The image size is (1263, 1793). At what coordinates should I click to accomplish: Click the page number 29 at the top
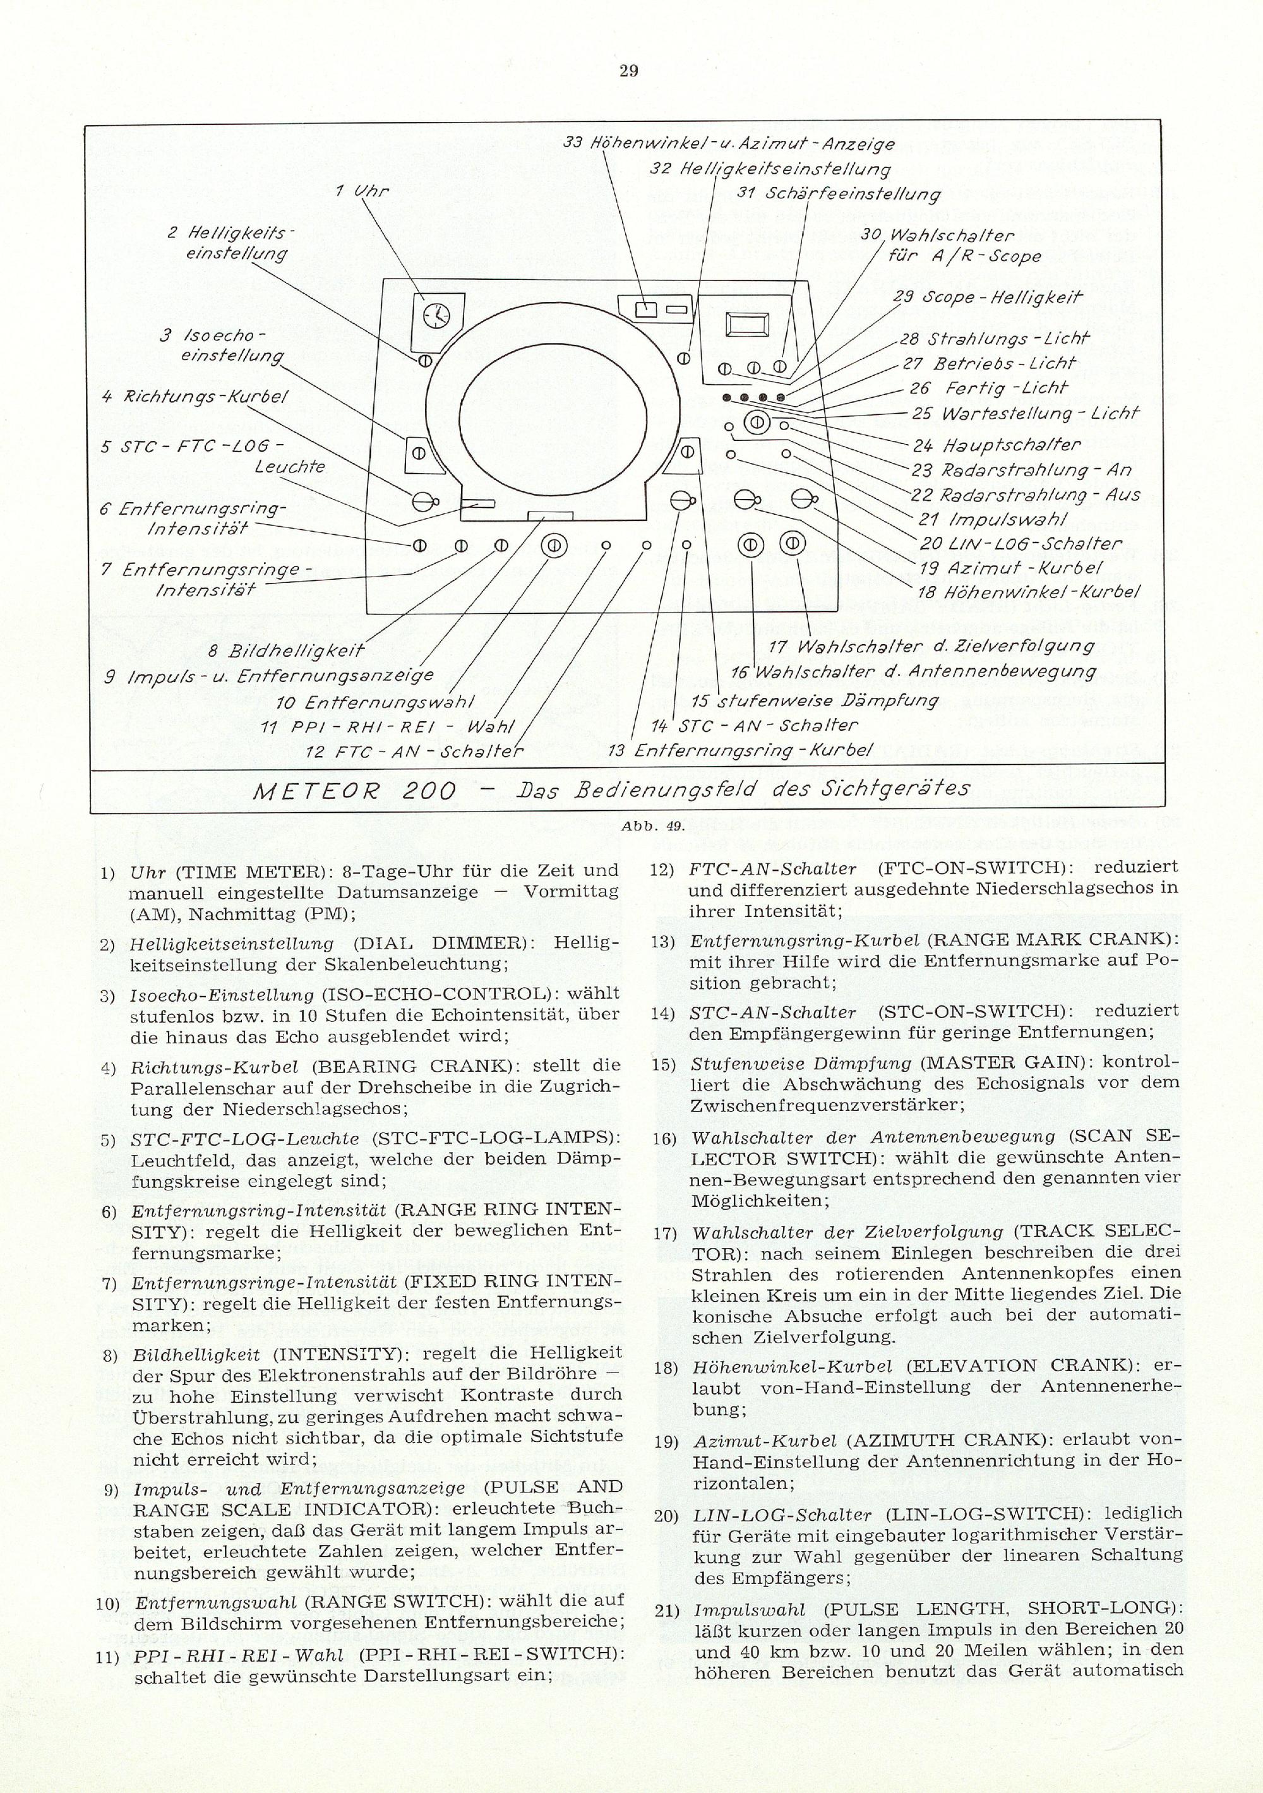(x=629, y=72)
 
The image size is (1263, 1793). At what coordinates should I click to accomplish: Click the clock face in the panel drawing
(x=436, y=315)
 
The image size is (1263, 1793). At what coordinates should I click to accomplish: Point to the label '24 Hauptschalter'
(x=997, y=446)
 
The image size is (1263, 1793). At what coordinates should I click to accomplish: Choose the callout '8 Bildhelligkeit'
(x=286, y=651)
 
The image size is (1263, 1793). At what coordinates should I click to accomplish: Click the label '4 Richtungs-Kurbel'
(x=195, y=396)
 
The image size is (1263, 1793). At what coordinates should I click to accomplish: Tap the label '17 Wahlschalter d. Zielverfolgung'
(x=932, y=647)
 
